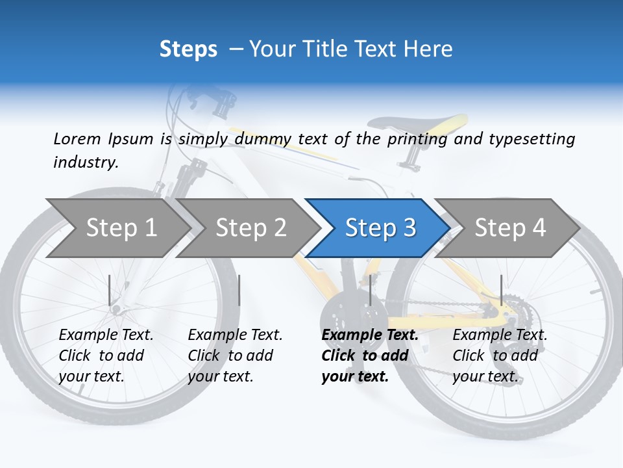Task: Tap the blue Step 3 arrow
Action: (380, 227)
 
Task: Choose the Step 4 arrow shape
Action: (510, 227)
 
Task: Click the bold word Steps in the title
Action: (188, 49)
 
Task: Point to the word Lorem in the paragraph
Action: (77, 138)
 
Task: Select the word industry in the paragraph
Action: (85, 162)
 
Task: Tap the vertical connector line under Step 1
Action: (110, 290)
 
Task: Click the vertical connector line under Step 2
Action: (239, 290)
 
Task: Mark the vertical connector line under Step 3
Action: (370, 290)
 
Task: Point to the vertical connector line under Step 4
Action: (501, 290)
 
